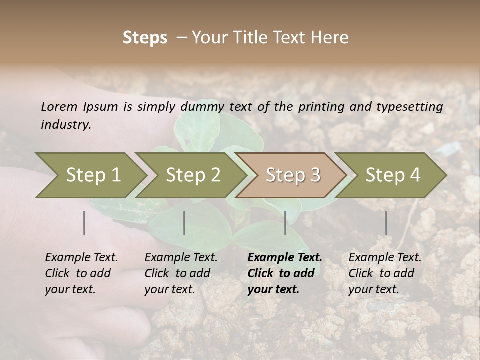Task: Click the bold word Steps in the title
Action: [x=145, y=38]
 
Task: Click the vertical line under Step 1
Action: [x=84, y=223]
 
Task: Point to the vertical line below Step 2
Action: [x=184, y=223]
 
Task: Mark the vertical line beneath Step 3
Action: [x=285, y=223]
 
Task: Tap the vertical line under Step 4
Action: [x=386, y=223]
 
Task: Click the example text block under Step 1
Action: [x=81, y=273]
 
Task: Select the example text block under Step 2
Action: [x=181, y=273]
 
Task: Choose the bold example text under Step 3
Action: [x=285, y=273]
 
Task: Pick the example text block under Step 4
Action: [x=385, y=273]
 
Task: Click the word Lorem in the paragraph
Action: [x=59, y=107]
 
